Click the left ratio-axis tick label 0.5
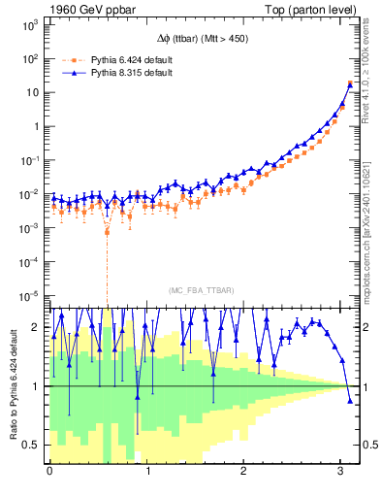(32, 446)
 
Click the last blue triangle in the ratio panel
(350, 401)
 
